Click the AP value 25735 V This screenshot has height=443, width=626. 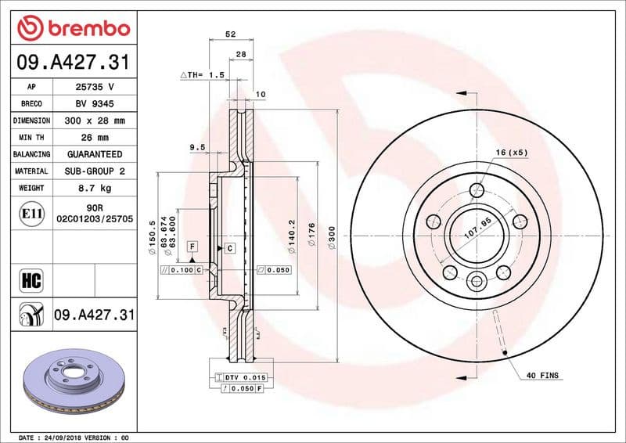[95, 87]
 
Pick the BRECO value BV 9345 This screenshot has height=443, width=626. [95, 104]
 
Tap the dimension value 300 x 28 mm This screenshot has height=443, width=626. [95, 121]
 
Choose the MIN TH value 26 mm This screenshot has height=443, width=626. [95, 138]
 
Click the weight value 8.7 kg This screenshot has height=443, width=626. [95, 188]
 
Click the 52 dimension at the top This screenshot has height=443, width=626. [230, 34]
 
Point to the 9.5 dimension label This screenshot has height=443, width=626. [197, 147]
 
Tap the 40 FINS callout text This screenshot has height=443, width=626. [543, 376]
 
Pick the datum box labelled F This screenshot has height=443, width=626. [190, 247]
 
